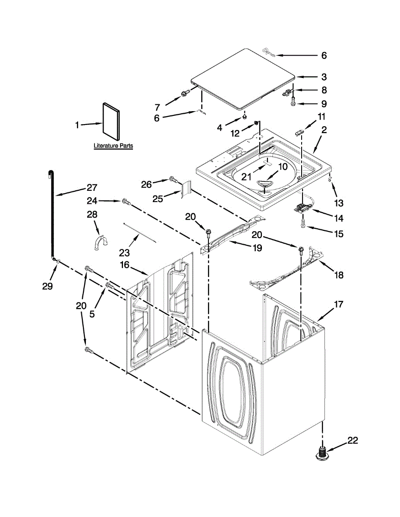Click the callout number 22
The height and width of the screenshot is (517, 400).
point(352,440)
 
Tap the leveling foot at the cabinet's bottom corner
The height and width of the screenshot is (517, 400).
point(322,454)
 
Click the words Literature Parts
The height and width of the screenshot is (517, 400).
point(113,146)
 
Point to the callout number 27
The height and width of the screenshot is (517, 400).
point(91,188)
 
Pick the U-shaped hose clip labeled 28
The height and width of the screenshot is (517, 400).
point(99,241)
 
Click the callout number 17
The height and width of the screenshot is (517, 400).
point(338,305)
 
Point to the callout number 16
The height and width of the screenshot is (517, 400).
point(125,265)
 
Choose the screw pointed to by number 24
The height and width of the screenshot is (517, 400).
point(126,201)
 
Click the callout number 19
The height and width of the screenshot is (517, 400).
point(257,248)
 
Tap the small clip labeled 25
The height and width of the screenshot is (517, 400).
point(186,190)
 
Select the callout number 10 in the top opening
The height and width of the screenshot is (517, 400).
point(282,166)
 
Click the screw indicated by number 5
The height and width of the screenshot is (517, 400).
point(109,285)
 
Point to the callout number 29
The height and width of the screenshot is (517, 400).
point(47,286)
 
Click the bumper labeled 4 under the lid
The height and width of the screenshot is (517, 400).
point(245,115)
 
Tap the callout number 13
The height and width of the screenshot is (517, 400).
point(339,202)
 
